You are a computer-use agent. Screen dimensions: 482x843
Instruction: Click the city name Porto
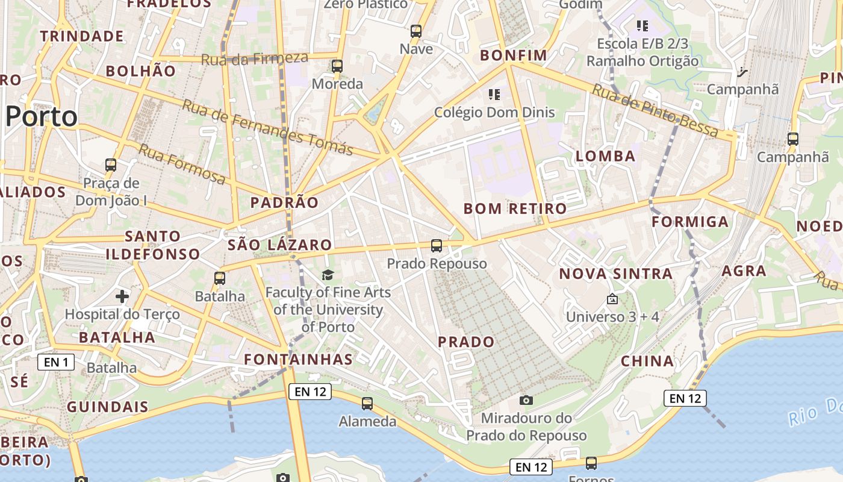[42, 116]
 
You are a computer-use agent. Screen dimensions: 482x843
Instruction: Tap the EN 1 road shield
[56, 362]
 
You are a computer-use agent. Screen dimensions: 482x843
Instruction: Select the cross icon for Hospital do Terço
[122, 296]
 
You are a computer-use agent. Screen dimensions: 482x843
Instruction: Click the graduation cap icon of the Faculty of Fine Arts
[328, 275]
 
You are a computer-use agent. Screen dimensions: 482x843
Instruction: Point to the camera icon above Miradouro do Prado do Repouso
[526, 400]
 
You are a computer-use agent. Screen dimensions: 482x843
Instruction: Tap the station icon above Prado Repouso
[437, 246]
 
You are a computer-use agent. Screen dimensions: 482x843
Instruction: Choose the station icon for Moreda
[337, 66]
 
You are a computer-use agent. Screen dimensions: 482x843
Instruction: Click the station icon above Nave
[416, 31]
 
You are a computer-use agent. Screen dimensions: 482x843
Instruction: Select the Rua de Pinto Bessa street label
[655, 110]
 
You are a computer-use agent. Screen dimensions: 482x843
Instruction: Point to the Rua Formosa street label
[181, 164]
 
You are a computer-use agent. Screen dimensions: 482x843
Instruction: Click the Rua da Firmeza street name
[254, 59]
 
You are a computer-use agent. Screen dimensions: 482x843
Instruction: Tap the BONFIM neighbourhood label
[514, 55]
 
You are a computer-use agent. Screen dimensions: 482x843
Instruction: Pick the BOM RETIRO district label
[515, 209]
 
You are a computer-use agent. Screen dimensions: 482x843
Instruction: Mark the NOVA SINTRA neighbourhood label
[615, 274]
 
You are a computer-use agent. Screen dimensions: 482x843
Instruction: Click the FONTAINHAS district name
[298, 360]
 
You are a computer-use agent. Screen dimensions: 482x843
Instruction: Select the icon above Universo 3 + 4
[612, 299]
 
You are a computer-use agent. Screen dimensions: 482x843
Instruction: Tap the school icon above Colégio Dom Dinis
[494, 94]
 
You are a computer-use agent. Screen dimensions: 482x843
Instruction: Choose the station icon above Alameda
[367, 404]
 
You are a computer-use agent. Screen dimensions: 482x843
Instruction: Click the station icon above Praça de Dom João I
[111, 164]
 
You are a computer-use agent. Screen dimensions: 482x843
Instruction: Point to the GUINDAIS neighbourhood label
[107, 407]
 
